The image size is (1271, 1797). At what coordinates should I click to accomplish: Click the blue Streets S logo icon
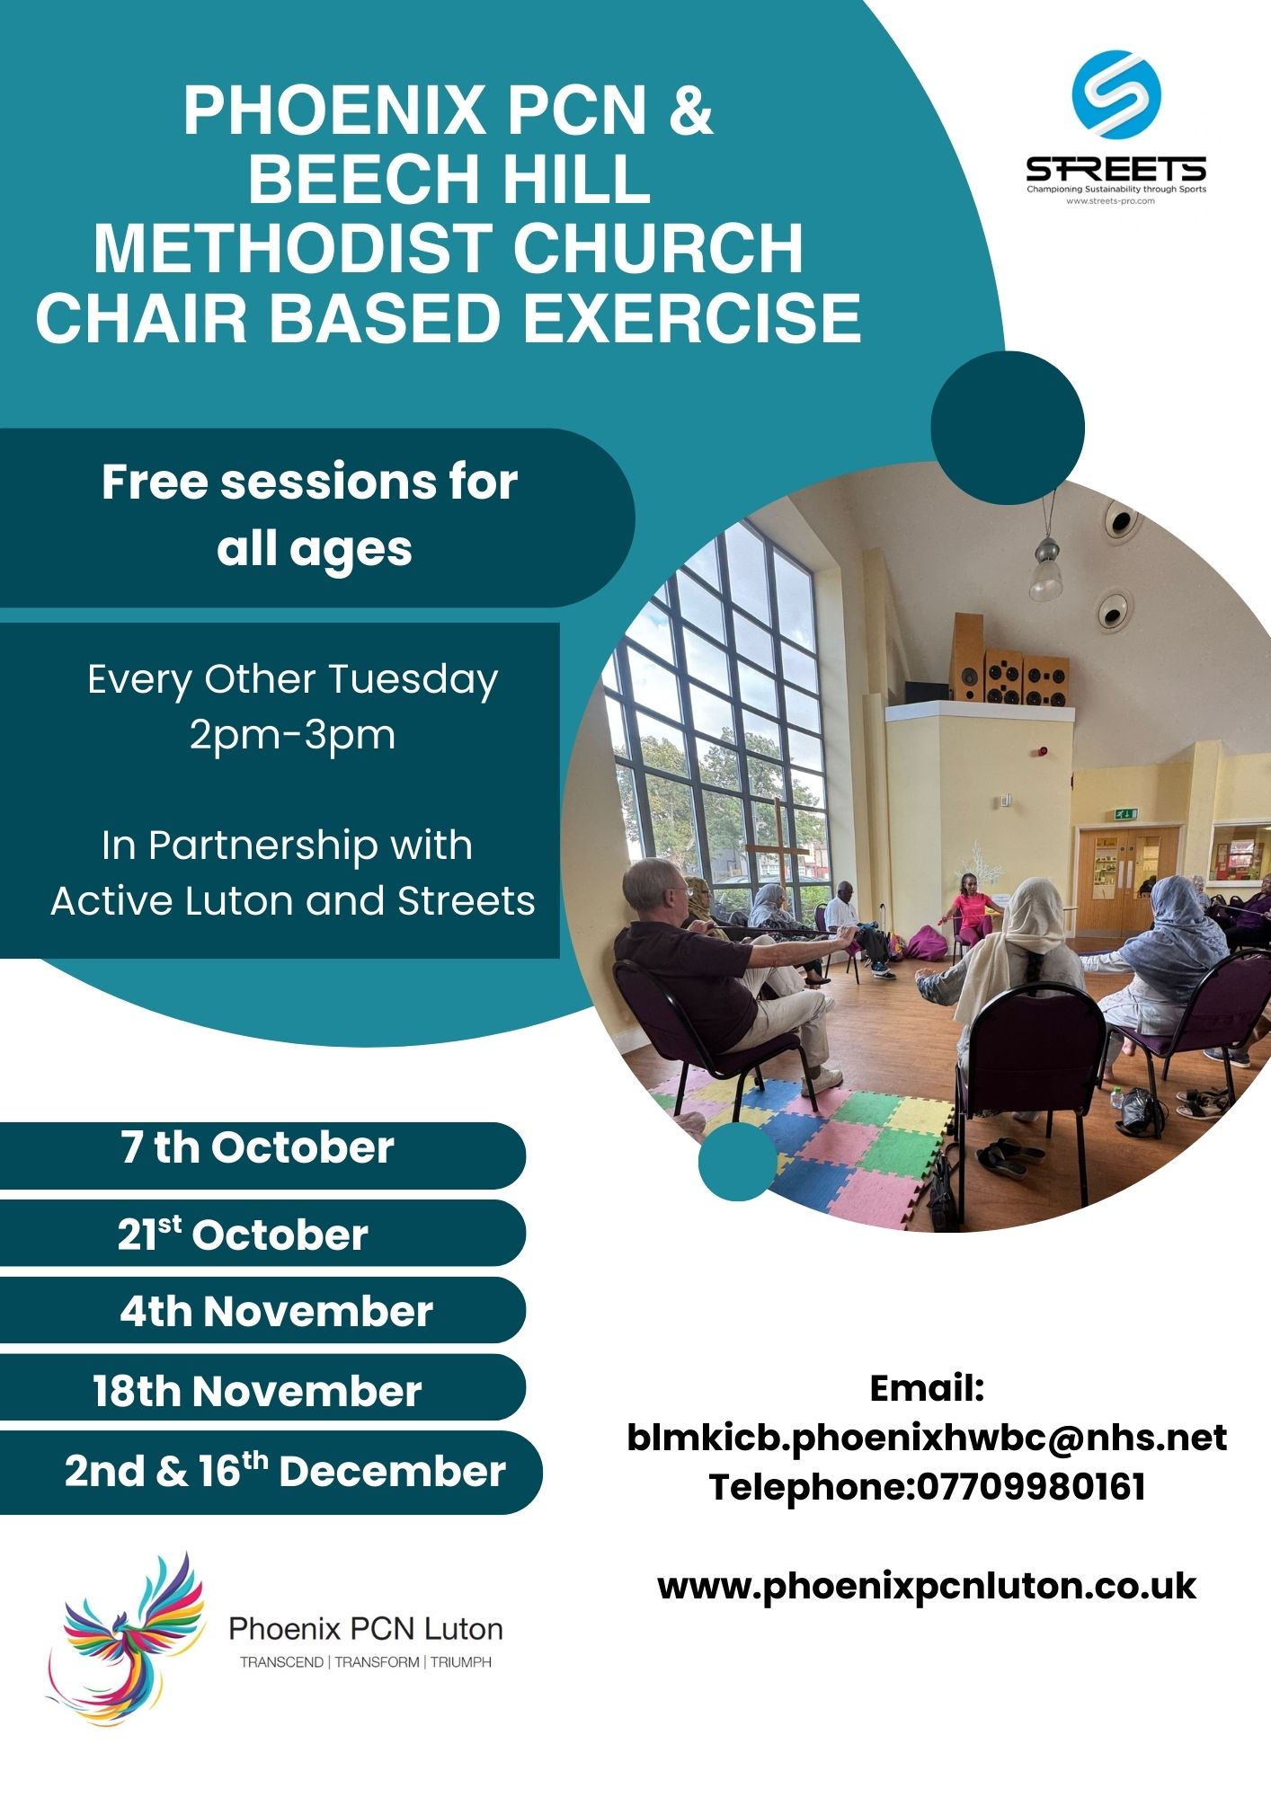coord(1116,93)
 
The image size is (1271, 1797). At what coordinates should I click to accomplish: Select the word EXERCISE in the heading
coord(692,318)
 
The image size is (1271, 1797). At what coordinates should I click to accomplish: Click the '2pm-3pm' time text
coord(292,736)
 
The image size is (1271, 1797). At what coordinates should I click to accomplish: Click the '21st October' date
coord(243,1234)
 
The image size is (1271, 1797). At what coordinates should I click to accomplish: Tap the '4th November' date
coord(276,1311)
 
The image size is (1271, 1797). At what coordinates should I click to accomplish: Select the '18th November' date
coord(257,1390)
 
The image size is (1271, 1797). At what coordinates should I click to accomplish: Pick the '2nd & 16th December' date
coord(285,1470)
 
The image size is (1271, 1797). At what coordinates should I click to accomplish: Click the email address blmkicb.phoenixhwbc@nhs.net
coord(927,1438)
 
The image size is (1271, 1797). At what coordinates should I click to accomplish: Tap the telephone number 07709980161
coord(1031,1486)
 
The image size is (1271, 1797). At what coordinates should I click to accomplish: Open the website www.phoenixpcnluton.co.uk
coord(927,1586)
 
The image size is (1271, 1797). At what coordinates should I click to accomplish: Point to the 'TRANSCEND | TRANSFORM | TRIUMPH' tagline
coord(366,1662)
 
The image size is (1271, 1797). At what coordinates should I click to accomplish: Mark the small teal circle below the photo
coord(737,1161)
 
